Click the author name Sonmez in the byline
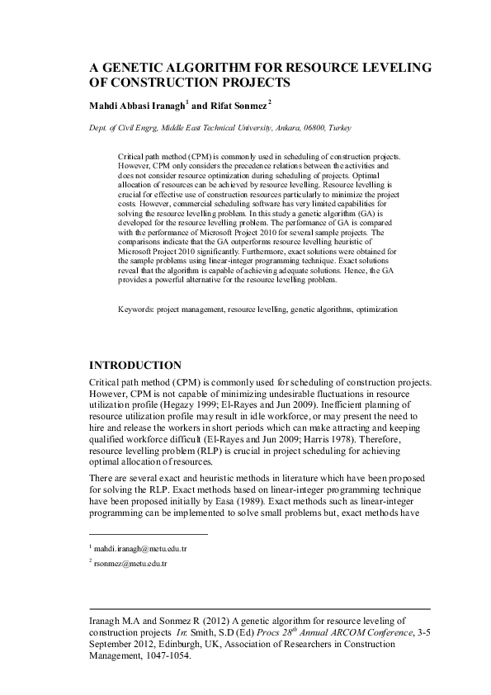pos(246,106)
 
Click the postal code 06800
pos(309,129)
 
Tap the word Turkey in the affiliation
pos(340,129)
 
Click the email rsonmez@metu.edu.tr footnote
pos(130,563)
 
